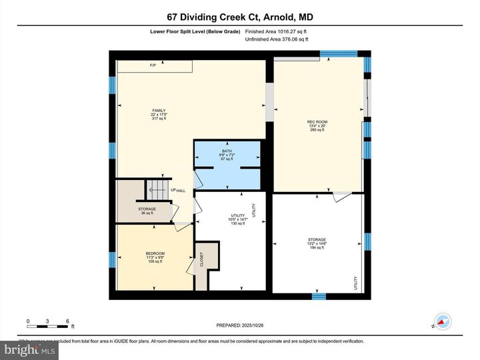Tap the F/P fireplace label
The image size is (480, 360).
(152, 65)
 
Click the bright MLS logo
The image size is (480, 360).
(29, 349)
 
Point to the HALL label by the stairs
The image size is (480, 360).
(181, 191)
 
